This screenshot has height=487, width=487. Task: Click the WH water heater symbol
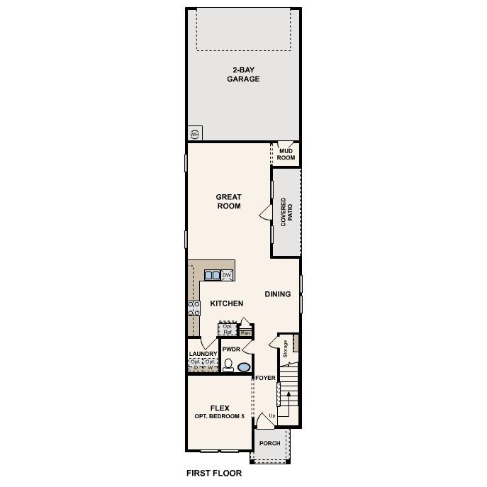click(194, 134)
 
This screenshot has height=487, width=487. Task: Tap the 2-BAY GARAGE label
click(243, 74)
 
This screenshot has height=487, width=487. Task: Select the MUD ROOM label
click(286, 154)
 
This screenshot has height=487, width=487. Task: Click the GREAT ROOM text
click(229, 201)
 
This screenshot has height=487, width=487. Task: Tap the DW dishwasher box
click(227, 275)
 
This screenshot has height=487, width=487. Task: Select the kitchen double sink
click(212, 275)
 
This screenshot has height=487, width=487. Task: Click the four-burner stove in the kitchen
click(194, 307)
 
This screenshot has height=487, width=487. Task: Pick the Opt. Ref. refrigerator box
click(228, 329)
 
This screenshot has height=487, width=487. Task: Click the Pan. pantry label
click(246, 332)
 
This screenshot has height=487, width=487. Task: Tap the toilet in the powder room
click(228, 366)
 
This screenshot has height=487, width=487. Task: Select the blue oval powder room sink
click(244, 367)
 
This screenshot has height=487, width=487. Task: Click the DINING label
click(278, 294)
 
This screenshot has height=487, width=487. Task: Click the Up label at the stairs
click(272, 415)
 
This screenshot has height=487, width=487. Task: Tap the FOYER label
click(265, 378)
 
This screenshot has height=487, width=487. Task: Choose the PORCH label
click(269, 443)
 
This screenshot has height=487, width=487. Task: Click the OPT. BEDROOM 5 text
click(219, 416)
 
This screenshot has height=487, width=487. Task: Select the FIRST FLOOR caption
click(213, 473)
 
